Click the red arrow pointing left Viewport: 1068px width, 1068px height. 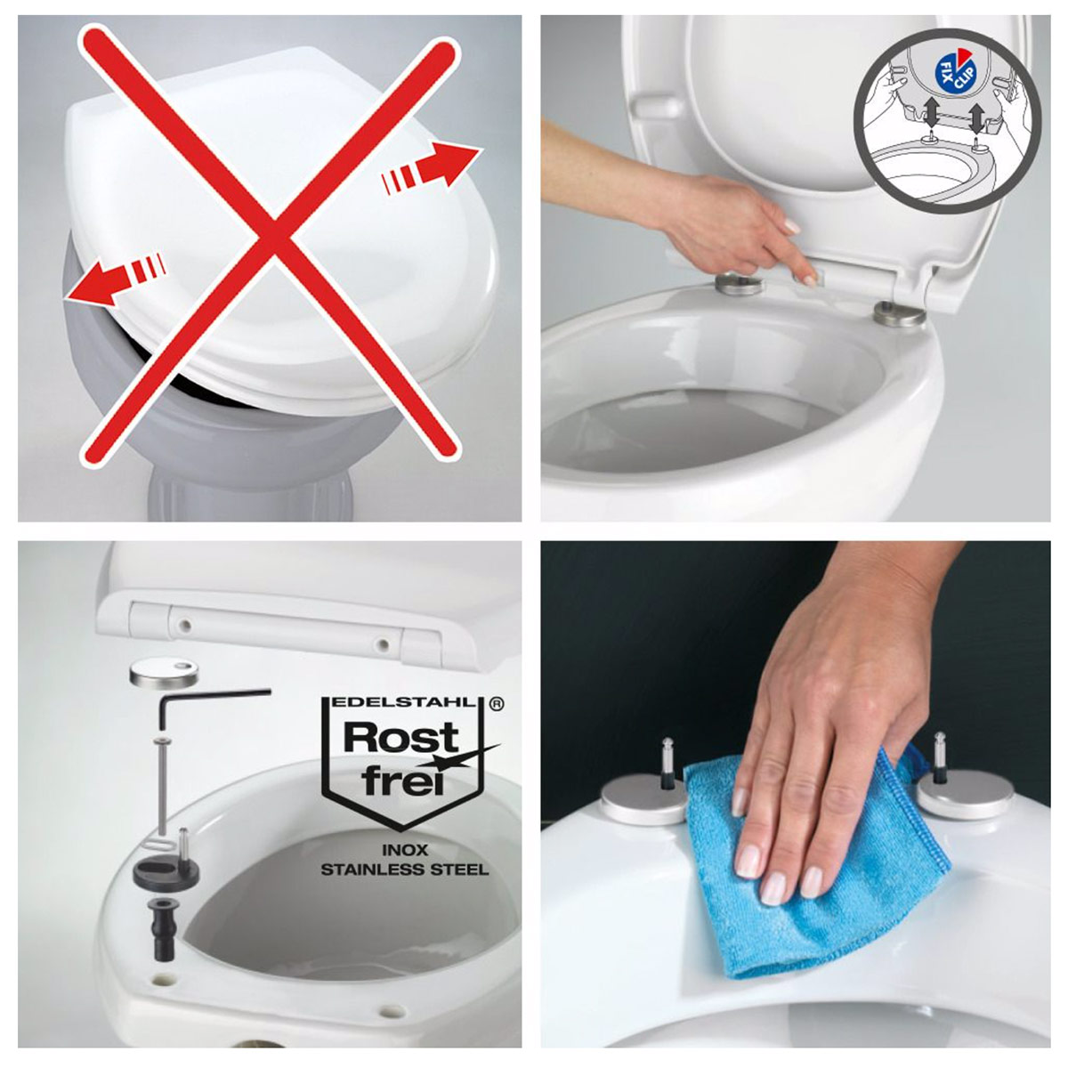click(116, 279)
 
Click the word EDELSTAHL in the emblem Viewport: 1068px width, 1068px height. click(405, 703)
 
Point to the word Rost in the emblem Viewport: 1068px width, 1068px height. click(401, 738)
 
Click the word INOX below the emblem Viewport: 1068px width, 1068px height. click(405, 849)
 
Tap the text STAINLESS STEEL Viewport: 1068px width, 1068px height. click(405, 869)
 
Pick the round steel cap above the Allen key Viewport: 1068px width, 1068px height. click(164, 673)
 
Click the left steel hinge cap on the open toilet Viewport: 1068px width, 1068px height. click(740, 284)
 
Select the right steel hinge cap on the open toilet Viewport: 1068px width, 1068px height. click(899, 314)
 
